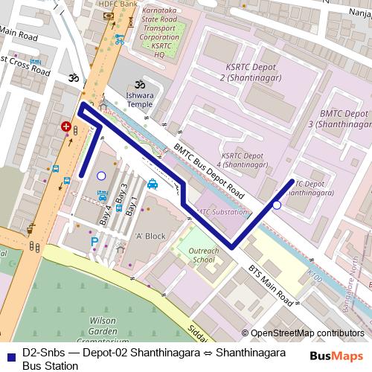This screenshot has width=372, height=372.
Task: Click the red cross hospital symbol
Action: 65,127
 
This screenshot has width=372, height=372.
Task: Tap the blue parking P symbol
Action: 94,242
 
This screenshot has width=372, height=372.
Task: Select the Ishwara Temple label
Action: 138,100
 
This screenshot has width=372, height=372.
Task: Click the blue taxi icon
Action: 152,184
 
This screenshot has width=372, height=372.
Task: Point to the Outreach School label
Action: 204,255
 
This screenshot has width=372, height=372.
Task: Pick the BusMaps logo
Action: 336,356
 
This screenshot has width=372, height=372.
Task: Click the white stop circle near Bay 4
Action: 101,176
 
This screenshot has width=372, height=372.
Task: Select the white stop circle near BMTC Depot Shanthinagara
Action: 277,205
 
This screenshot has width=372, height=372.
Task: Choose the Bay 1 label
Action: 133,205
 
